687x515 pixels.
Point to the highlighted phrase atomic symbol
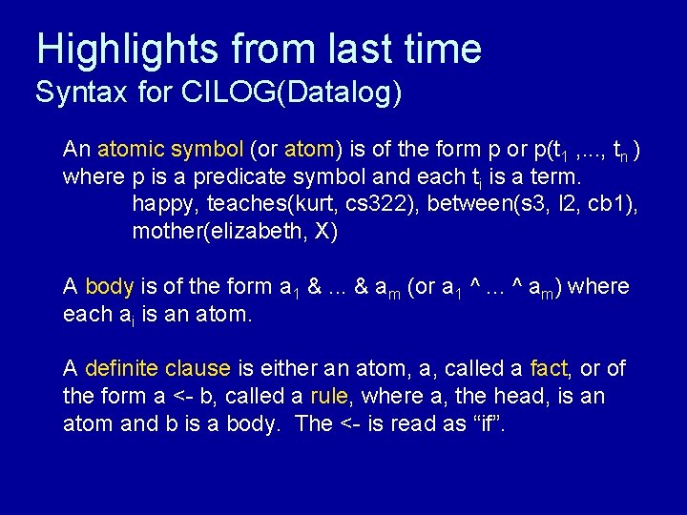point(171,150)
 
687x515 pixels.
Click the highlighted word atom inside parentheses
point(308,150)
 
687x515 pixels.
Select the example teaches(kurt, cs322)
point(303,204)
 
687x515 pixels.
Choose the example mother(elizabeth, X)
point(235,232)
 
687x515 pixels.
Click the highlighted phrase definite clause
point(157,368)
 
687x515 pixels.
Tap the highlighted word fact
point(549,368)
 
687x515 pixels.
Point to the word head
point(506,396)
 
